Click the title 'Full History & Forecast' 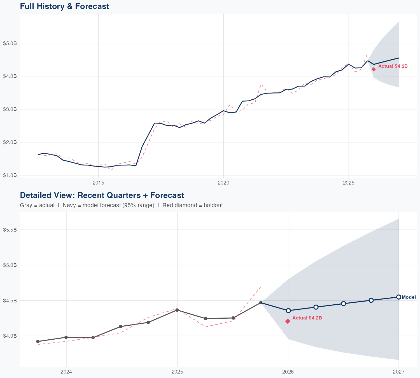[x=64, y=6]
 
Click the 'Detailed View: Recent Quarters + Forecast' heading [x=102, y=195]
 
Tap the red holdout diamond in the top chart [x=374, y=69]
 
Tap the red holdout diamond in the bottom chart [x=288, y=321]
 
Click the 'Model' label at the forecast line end [x=409, y=297]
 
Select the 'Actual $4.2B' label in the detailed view [x=307, y=318]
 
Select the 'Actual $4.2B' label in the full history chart [x=393, y=66]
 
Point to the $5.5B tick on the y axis [x=10, y=230]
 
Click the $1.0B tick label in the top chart [x=10, y=175]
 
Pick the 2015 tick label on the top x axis [x=98, y=183]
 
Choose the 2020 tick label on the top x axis [x=223, y=183]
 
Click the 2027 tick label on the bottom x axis [x=398, y=372]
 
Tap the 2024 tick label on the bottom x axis [x=66, y=372]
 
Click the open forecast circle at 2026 [x=288, y=311]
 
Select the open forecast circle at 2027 [x=398, y=297]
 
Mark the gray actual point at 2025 [x=177, y=310]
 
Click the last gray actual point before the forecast [x=261, y=303]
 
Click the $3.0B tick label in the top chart [x=10, y=109]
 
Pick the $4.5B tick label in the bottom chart [x=10, y=300]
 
